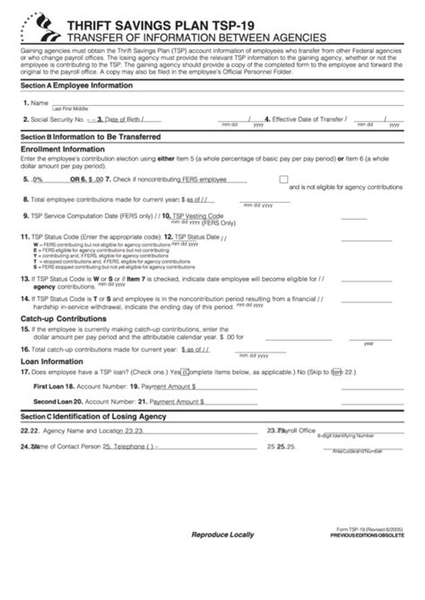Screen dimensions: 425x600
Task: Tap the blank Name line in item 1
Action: pyautogui.click(x=224, y=102)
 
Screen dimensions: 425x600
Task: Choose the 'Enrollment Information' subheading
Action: pyautogui.click(x=59, y=149)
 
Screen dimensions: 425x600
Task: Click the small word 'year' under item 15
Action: pyautogui.click(x=369, y=343)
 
